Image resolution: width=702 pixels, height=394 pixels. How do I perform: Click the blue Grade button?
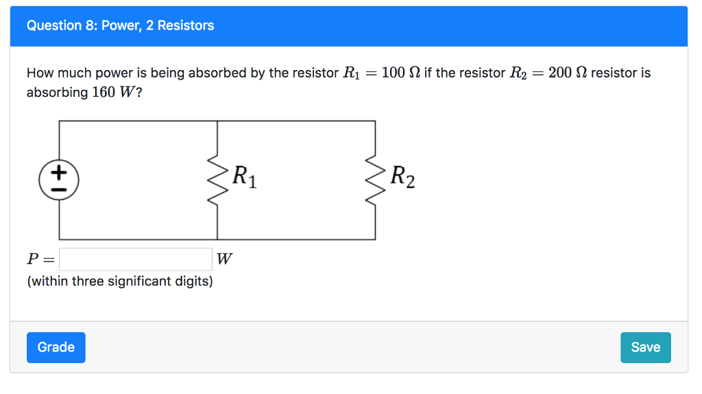pos(56,347)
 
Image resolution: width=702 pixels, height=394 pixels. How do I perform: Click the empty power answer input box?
pos(136,259)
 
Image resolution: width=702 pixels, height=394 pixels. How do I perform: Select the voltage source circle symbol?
pos(59,180)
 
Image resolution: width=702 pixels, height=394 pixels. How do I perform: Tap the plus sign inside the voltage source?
pos(59,171)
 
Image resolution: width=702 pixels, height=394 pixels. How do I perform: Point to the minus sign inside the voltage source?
pos(59,189)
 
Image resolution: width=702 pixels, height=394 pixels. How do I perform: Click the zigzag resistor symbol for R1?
pos(217,180)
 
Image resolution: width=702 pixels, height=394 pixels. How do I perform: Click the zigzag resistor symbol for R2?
pos(375,180)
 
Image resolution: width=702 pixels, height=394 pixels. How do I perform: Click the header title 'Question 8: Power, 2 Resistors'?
pos(120,25)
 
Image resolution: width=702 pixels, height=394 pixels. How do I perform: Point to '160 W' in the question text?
pos(114,92)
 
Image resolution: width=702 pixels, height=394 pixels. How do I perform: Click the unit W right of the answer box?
pos(224,259)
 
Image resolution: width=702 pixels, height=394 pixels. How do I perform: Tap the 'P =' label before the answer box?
pos(40,259)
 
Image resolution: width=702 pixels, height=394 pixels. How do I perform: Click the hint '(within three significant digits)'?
pos(119,281)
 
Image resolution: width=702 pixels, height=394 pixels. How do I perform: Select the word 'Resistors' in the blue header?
pos(186,25)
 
